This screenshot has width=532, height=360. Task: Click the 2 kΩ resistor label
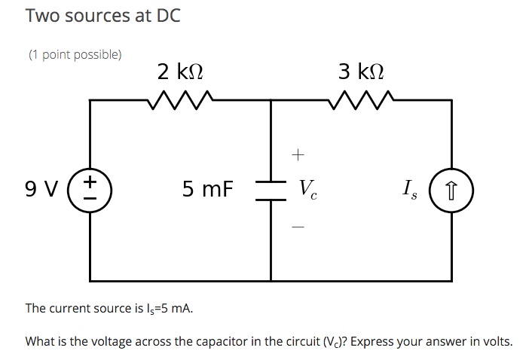[x=179, y=72]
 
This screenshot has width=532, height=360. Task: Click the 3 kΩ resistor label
[x=360, y=72]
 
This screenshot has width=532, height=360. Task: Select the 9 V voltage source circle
[x=90, y=189]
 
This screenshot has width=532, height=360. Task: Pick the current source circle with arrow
[x=452, y=189]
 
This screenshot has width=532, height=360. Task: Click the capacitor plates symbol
[x=271, y=190]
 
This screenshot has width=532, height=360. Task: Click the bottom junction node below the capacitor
[x=271, y=280]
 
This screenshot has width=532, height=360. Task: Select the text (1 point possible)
[x=75, y=54]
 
